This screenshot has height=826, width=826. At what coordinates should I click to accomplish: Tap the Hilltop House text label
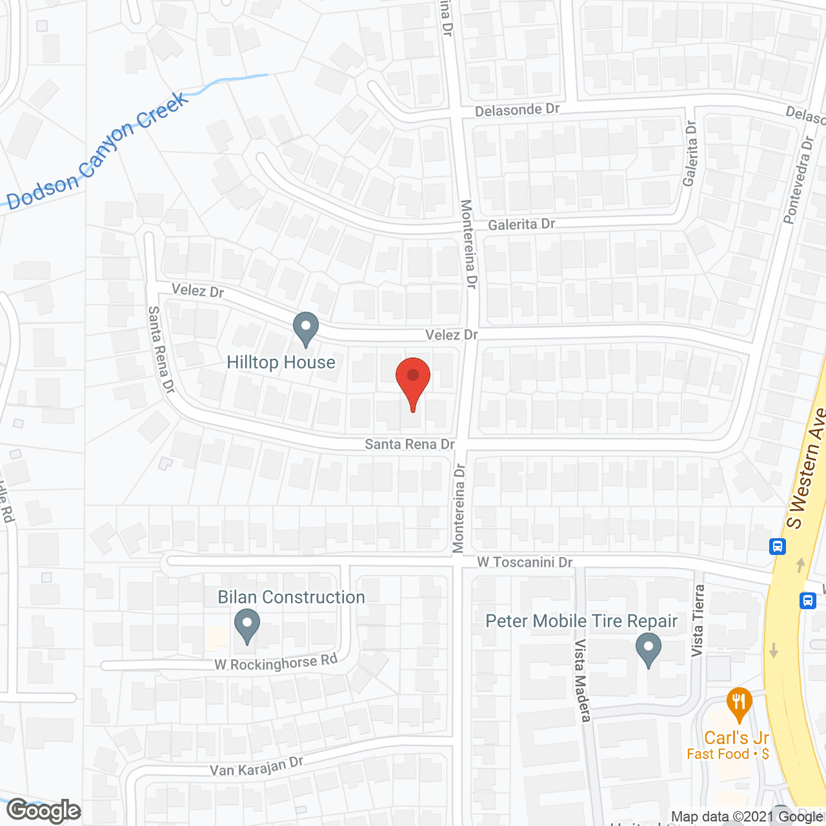281,363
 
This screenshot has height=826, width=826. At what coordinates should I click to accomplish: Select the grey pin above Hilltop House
306,328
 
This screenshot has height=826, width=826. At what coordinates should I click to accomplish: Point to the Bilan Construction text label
291,598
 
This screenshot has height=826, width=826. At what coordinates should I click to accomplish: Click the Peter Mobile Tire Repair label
581,621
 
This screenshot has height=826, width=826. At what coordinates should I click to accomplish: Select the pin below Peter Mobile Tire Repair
649,650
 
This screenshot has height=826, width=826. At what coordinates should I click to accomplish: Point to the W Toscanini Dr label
525,562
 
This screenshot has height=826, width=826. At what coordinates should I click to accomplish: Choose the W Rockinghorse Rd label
276,663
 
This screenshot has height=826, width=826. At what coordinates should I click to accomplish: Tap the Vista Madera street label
583,680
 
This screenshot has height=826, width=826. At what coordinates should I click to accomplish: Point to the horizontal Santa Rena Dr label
410,444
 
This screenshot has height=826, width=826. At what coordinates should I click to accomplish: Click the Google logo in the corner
44,811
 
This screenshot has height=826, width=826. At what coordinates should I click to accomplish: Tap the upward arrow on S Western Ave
801,565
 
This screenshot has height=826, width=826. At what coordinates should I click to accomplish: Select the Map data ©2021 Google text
747,817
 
